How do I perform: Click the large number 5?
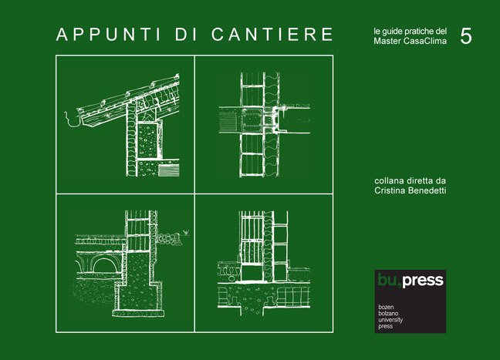point(466,35)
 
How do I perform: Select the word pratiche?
point(412,30)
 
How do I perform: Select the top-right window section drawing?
point(263,124)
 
